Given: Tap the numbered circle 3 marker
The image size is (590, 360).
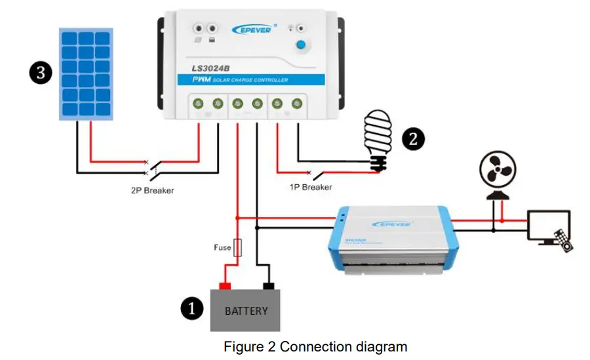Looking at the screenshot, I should tap(40, 72).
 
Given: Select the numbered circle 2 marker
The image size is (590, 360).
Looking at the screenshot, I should tap(414, 138).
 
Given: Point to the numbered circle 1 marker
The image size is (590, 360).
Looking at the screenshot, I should tap(191, 308).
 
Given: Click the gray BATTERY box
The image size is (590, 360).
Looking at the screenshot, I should tap(245, 310).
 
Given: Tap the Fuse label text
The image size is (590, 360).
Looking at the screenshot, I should tap(222, 248).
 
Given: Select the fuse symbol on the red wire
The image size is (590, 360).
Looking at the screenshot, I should tap(237, 248).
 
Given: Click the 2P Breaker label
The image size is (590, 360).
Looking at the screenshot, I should tap(152, 191).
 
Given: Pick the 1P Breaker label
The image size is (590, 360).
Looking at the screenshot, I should tap(311, 187).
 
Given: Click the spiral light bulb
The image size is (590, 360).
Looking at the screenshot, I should tap(377, 138).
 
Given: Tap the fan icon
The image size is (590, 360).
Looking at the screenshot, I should tap(498, 172).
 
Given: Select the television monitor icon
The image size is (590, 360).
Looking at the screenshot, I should tap(549, 227).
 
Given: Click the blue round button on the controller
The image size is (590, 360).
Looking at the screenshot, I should tap(301, 45).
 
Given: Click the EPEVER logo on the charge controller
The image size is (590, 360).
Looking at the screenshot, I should tap(254, 29).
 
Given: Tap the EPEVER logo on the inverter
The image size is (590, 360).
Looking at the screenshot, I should tap(391, 224).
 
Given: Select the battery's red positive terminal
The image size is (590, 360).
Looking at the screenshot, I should tap(224, 286).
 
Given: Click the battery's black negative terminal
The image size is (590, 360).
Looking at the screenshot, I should tap(267, 286).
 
